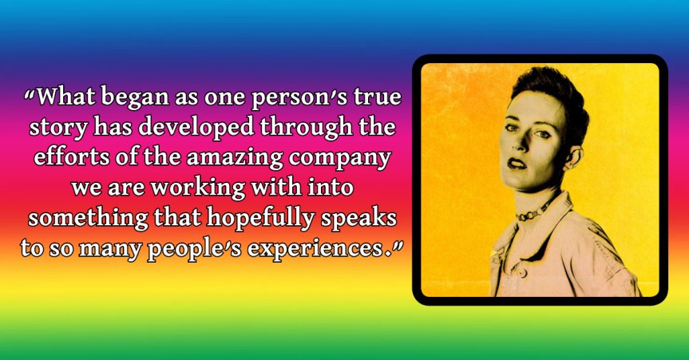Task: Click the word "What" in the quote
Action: click(x=66, y=97)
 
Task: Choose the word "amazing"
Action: click(x=235, y=158)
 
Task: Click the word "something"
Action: click(x=89, y=219)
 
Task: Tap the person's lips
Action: click(x=517, y=164)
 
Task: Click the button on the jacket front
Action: click(x=522, y=273)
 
